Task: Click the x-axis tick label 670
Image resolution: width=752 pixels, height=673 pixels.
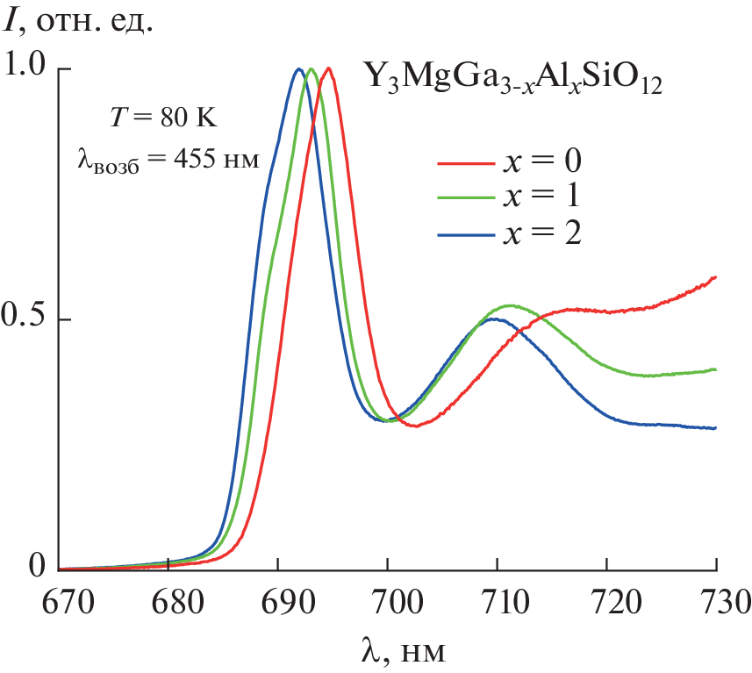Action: coord(59,603)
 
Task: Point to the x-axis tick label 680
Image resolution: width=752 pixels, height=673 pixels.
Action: coord(168,603)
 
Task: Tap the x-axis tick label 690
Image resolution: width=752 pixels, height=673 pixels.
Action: coord(278,603)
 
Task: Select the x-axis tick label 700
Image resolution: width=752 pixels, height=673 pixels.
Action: coord(388,603)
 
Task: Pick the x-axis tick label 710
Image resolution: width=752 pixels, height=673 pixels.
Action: coord(498,603)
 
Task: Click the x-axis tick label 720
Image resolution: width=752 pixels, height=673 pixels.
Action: coord(607,603)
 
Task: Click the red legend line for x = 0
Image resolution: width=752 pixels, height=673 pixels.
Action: coord(464,161)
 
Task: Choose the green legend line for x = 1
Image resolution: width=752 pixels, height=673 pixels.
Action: coord(464,197)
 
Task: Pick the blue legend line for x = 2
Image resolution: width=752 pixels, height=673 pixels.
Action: coord(464,233)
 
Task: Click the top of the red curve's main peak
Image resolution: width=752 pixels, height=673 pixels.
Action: coord(328,68)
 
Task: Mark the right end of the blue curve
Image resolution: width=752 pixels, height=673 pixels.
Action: coord(716,428)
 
